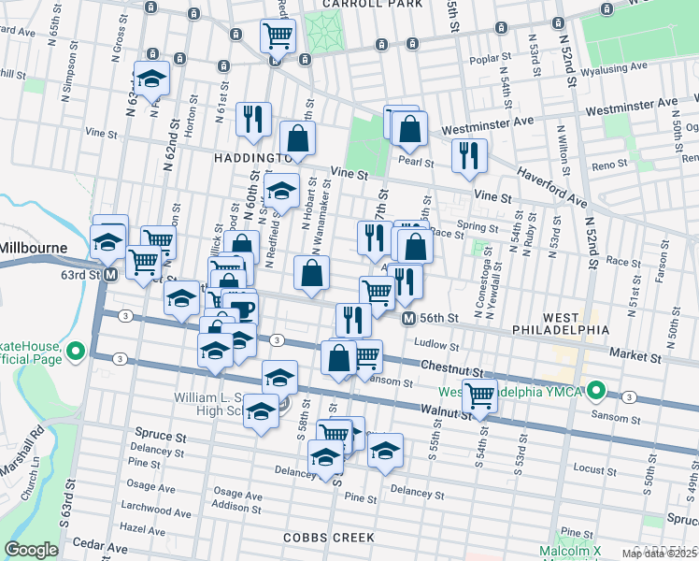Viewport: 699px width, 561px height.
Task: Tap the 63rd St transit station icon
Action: point(110,275)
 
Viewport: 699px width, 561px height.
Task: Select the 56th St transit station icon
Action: point(408,319)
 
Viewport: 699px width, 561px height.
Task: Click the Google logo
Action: point(31,550)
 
